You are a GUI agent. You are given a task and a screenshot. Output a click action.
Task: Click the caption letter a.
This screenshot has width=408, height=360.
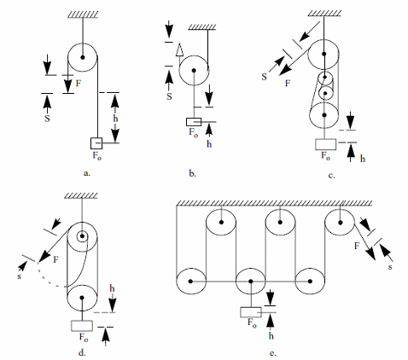click(87, 173)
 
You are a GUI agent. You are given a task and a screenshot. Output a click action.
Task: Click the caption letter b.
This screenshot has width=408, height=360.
click(193, 173)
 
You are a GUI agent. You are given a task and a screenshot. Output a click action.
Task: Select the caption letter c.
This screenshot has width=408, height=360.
click(331, 176)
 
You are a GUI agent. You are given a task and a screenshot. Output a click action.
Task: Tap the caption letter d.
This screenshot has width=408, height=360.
click(82, 353)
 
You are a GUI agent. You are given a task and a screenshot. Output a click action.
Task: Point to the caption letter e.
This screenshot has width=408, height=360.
click(273, 353)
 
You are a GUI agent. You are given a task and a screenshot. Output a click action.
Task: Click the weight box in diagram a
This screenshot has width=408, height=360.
click(96, 143)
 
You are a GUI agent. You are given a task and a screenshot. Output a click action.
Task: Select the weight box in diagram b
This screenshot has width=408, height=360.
click(194, 122)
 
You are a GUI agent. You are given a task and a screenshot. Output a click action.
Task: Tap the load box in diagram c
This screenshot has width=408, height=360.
click(325, 144)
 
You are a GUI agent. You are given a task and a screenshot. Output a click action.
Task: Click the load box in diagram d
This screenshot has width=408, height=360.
click(82, 326)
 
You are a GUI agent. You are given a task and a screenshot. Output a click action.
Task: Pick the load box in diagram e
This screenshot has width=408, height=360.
click(251, 312)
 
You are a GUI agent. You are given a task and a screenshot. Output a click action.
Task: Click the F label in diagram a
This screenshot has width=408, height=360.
click(79, 84)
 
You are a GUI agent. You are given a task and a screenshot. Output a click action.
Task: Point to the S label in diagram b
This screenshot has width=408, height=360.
click(169, 96)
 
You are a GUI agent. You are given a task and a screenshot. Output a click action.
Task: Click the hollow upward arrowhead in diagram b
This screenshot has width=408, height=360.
click(179, 49)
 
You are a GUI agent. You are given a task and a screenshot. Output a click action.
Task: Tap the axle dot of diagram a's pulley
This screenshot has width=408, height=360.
click(83, 57)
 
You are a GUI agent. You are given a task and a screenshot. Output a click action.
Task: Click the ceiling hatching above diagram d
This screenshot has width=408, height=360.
click(81, 195)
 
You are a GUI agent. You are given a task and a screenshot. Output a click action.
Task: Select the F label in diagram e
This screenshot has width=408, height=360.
click(357, 246)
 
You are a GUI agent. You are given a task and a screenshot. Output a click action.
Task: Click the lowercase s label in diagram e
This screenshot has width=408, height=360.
click(390, 267)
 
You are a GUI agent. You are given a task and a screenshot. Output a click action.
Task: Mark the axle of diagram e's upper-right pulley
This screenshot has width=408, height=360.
click(340, 222)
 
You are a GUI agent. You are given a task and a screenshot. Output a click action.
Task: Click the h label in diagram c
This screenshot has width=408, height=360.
click(363, 159)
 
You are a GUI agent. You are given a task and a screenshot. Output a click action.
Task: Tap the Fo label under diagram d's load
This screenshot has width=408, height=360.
click(84, 337)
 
